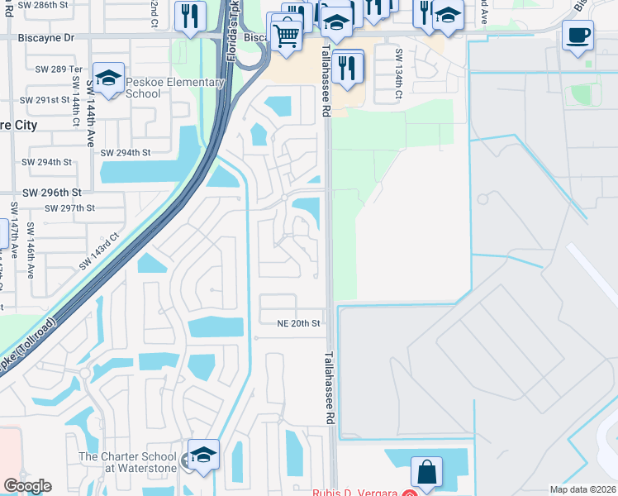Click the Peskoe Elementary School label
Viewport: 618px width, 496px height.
(174, 88)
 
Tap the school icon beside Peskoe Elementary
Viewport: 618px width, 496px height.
(108, 79)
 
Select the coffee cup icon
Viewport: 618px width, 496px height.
(578, 36)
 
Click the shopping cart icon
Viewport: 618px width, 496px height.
(286, 35)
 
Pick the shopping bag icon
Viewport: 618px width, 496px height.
(427, 473)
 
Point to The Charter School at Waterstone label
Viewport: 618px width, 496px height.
(127, 462)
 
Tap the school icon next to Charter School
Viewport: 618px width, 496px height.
(203, 455)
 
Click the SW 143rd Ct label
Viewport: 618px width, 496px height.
(100, 251)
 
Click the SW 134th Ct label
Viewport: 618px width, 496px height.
(398, 74)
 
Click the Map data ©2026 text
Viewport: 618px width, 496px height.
(582, 489)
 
